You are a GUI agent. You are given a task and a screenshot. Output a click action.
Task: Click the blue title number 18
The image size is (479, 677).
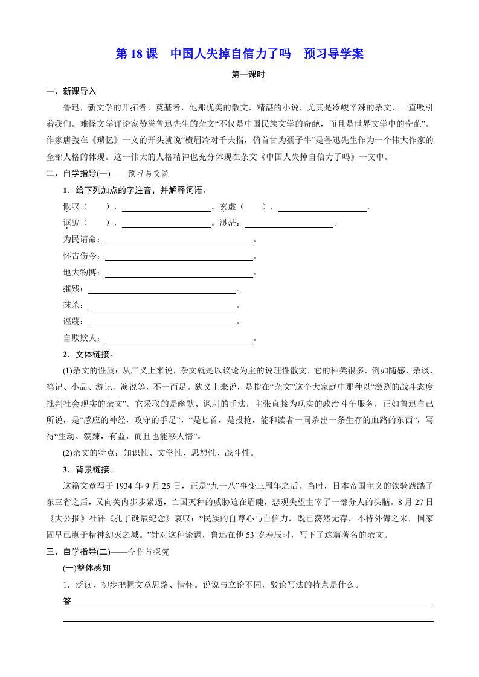[x=137, y=54]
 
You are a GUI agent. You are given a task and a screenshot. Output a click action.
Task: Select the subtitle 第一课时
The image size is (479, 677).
[x=240, y=75]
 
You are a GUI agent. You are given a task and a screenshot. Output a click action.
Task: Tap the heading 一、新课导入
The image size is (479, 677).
[x=71, y=92]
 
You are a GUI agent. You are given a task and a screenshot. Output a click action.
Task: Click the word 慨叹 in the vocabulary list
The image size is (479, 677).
[x=71, y=207]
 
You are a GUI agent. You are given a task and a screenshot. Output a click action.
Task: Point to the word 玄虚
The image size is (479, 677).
[x=228, y=207]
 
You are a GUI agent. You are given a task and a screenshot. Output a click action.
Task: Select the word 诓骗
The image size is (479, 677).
[x=71, y=223]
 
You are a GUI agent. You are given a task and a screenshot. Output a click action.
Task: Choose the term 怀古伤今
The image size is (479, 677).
[x=79, y=256]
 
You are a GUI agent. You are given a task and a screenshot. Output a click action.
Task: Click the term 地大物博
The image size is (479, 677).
[x=79, y=273]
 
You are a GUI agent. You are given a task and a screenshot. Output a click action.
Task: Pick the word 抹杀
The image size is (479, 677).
[x=71, y=305]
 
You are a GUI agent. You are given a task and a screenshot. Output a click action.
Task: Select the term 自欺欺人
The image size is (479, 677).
[x=79, y=338]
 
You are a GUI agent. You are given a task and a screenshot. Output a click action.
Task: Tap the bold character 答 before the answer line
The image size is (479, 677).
[x=67, y=601]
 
